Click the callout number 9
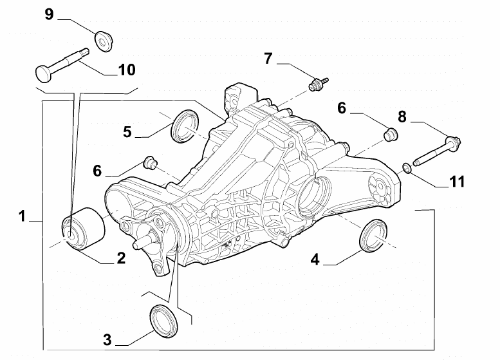(x=50, y=15)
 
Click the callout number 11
(x=456, y=182)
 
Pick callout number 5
(x=127, y=131)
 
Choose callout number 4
(x=315, y=260)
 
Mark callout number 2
(x=120, y=258)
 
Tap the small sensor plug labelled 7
(x=317, y=83)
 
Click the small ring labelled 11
(x=407, y=169)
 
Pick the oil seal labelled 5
(x=185, y=126)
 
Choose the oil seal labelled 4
(x=373, y=234)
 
